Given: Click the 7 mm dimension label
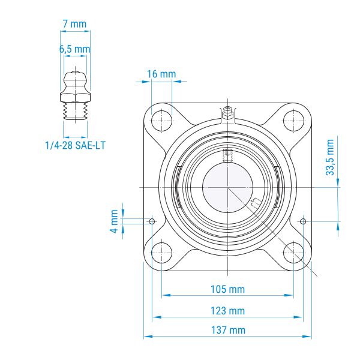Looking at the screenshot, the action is click(x=74, y=24).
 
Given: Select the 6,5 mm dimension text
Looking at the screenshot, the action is click(x=75, y=49).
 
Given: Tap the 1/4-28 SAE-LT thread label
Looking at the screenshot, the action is click(x=76, y=145).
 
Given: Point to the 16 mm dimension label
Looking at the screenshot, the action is click(x=161, y=74).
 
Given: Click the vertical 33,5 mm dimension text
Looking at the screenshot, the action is click(x=330, y=157).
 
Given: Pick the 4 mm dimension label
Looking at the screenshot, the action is click(x=115, y=221).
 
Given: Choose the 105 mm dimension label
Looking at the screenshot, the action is click(x=228, y=289).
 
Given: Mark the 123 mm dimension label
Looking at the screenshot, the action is click(x=228, y=311).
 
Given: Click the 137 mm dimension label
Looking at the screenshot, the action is click(x=228, y=330).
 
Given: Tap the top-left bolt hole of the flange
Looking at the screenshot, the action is click(x=162, y=121).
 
